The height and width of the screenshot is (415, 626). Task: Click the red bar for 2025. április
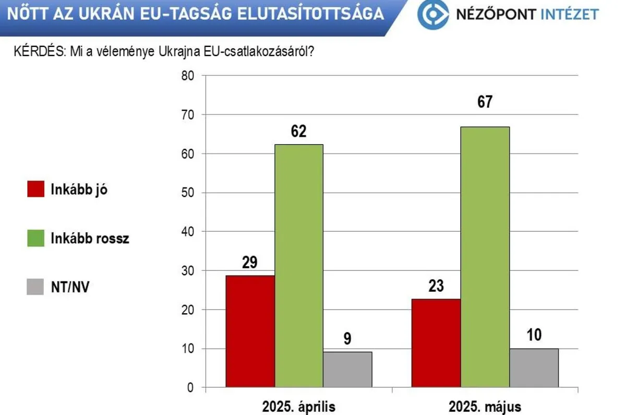(x=250, y=331)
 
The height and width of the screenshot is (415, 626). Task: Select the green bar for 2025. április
(x=299, y=266)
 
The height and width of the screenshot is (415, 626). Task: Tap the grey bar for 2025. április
(x=347, y=370)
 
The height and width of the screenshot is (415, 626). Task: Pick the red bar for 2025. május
(x=436, y=343)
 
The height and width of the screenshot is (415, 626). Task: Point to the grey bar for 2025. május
(x=534, y=368)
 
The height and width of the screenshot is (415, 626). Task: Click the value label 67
(x=485, y=101)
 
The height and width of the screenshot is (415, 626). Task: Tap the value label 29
(x=250, y=262)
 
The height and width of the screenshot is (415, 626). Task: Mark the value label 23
(x=436, y=286)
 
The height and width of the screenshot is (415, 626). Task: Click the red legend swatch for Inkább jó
(x=35, y=189)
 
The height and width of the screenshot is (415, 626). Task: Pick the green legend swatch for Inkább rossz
(x=35, y=239)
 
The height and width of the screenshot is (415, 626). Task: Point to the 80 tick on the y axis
(x=187, y=76)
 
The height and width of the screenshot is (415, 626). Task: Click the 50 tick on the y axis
(x=187, y=193)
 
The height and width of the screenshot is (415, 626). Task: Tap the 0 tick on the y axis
(x=190, y=388)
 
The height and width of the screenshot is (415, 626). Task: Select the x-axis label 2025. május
(x=485, y=406)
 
